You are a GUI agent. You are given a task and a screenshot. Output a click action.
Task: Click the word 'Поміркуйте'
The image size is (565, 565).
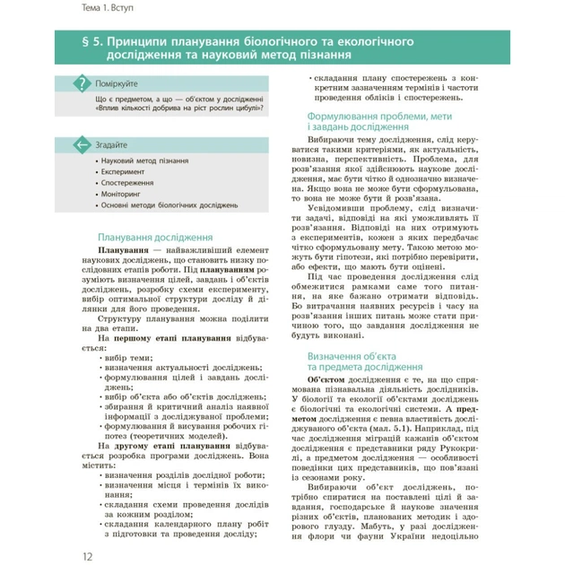click(x=117, y=83)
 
